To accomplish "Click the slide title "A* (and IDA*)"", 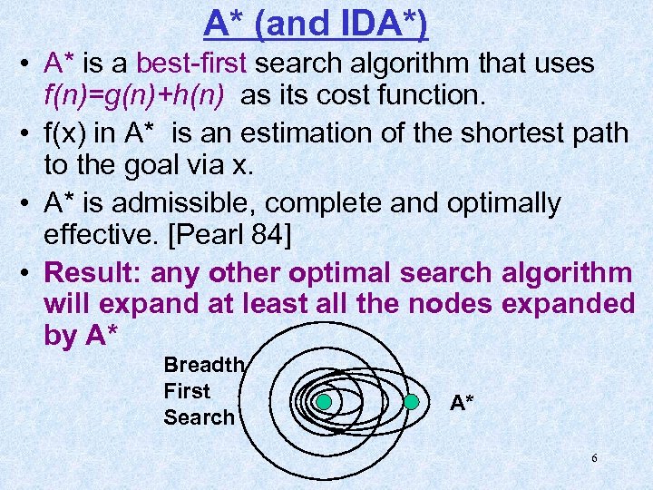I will [x=316, y=24].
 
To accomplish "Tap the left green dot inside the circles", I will [x=324, y=402].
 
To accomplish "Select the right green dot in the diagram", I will [x=411, y=402].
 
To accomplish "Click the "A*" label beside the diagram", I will [x=462, y=403].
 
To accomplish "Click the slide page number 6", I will [x=594, y=458].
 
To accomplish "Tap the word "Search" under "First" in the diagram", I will [x=199, y=417].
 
